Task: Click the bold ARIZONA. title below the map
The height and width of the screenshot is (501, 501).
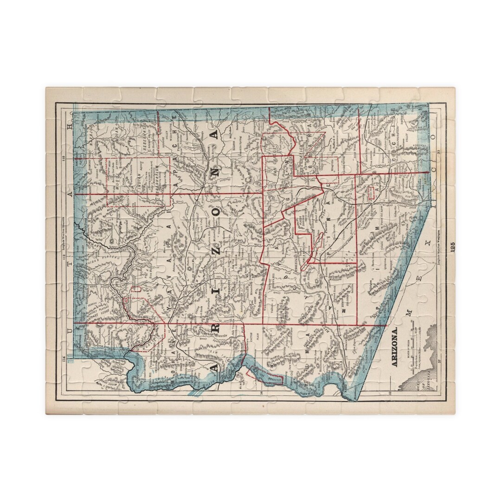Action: pos(395,348)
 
